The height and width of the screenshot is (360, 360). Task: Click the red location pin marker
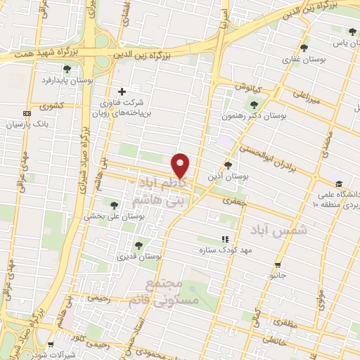[x=181, y=165]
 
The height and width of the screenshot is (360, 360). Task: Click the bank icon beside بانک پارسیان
[x=27, y=113]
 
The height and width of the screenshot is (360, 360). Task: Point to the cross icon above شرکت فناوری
[x=122, y=91]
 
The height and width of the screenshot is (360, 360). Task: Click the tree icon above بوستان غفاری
[x=303, y=48]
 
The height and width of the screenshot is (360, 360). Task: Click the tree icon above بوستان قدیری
[x=138, y=246]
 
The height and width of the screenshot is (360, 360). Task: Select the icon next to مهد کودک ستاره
[x=225, y=240]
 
